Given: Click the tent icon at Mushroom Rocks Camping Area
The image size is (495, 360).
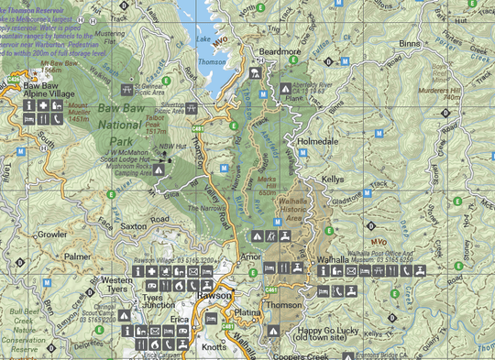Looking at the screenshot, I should coord(159,169).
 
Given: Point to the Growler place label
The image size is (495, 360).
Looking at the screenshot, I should coord(51,235).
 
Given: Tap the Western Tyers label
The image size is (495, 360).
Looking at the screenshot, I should coord(117,284).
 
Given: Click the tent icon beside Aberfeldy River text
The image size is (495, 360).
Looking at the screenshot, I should coord(286,90).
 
